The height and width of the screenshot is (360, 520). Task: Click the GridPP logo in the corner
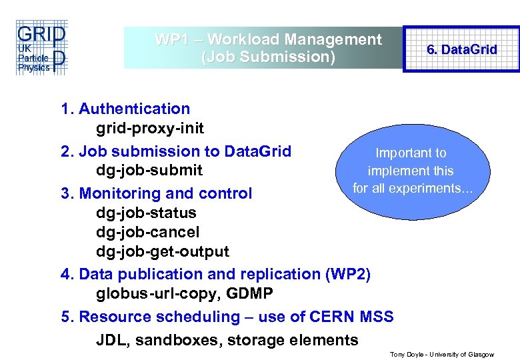(x=41, y=47)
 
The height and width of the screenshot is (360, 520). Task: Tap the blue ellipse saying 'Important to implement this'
(x=411, y=171)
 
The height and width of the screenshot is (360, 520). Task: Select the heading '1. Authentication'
(x=125, y=109)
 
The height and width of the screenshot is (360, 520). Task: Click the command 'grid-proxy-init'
(x=150, y=128)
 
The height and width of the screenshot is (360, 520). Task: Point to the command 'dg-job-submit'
(x=149, y=170)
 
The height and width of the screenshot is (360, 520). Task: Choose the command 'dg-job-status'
(x=146, y=213)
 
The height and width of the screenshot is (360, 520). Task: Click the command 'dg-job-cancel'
(x=147, y=233)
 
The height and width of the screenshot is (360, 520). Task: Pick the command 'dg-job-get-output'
(x=162, y=252)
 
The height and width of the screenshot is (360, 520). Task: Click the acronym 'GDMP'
(x=251, y=293)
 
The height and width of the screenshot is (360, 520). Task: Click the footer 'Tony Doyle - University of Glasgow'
(x=441, y=355)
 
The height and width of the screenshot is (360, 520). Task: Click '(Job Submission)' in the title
(x=268, y=57)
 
